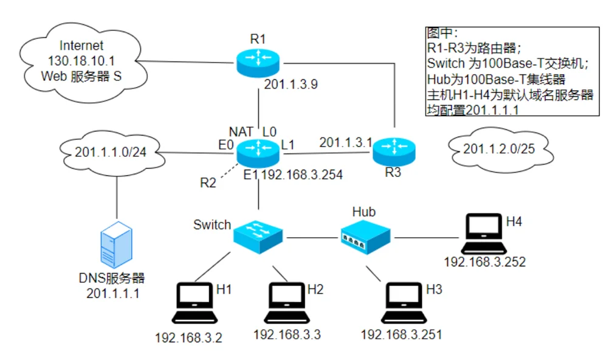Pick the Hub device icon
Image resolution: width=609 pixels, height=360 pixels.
tap(365, 237)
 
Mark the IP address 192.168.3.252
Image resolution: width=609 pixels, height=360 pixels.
tap(484, 262)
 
